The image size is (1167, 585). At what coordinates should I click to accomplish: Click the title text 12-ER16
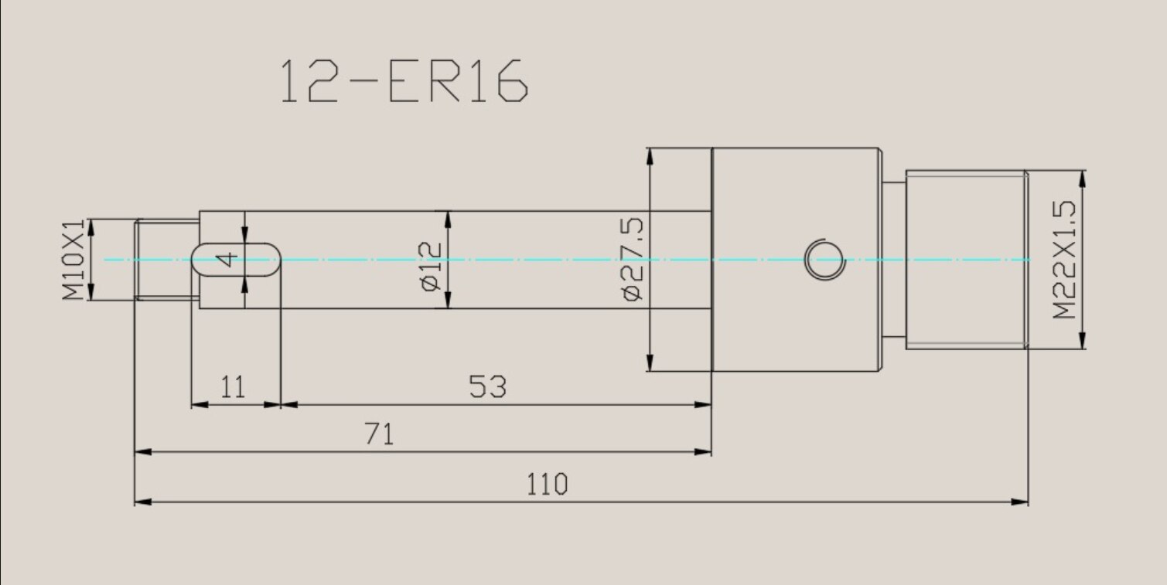point(403,80)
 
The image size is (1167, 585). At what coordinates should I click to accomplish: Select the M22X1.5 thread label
point(1065,260)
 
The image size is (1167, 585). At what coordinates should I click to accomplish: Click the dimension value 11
point(233,386)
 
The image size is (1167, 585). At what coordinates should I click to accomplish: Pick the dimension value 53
point(488,386)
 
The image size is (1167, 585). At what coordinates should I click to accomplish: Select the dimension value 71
point(379,434)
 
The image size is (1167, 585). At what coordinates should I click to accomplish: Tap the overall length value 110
point(548,484)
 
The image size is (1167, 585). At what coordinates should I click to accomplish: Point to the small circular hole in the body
point(824,258)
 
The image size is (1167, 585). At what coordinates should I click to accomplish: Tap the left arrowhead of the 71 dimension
point(143,452)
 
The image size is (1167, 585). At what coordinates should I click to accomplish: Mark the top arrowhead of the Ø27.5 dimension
point(650,155)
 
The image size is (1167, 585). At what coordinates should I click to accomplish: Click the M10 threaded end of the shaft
point(166,260)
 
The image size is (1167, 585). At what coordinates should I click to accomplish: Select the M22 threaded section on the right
point(966,260)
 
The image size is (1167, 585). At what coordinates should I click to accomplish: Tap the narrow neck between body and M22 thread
point(893,260)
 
